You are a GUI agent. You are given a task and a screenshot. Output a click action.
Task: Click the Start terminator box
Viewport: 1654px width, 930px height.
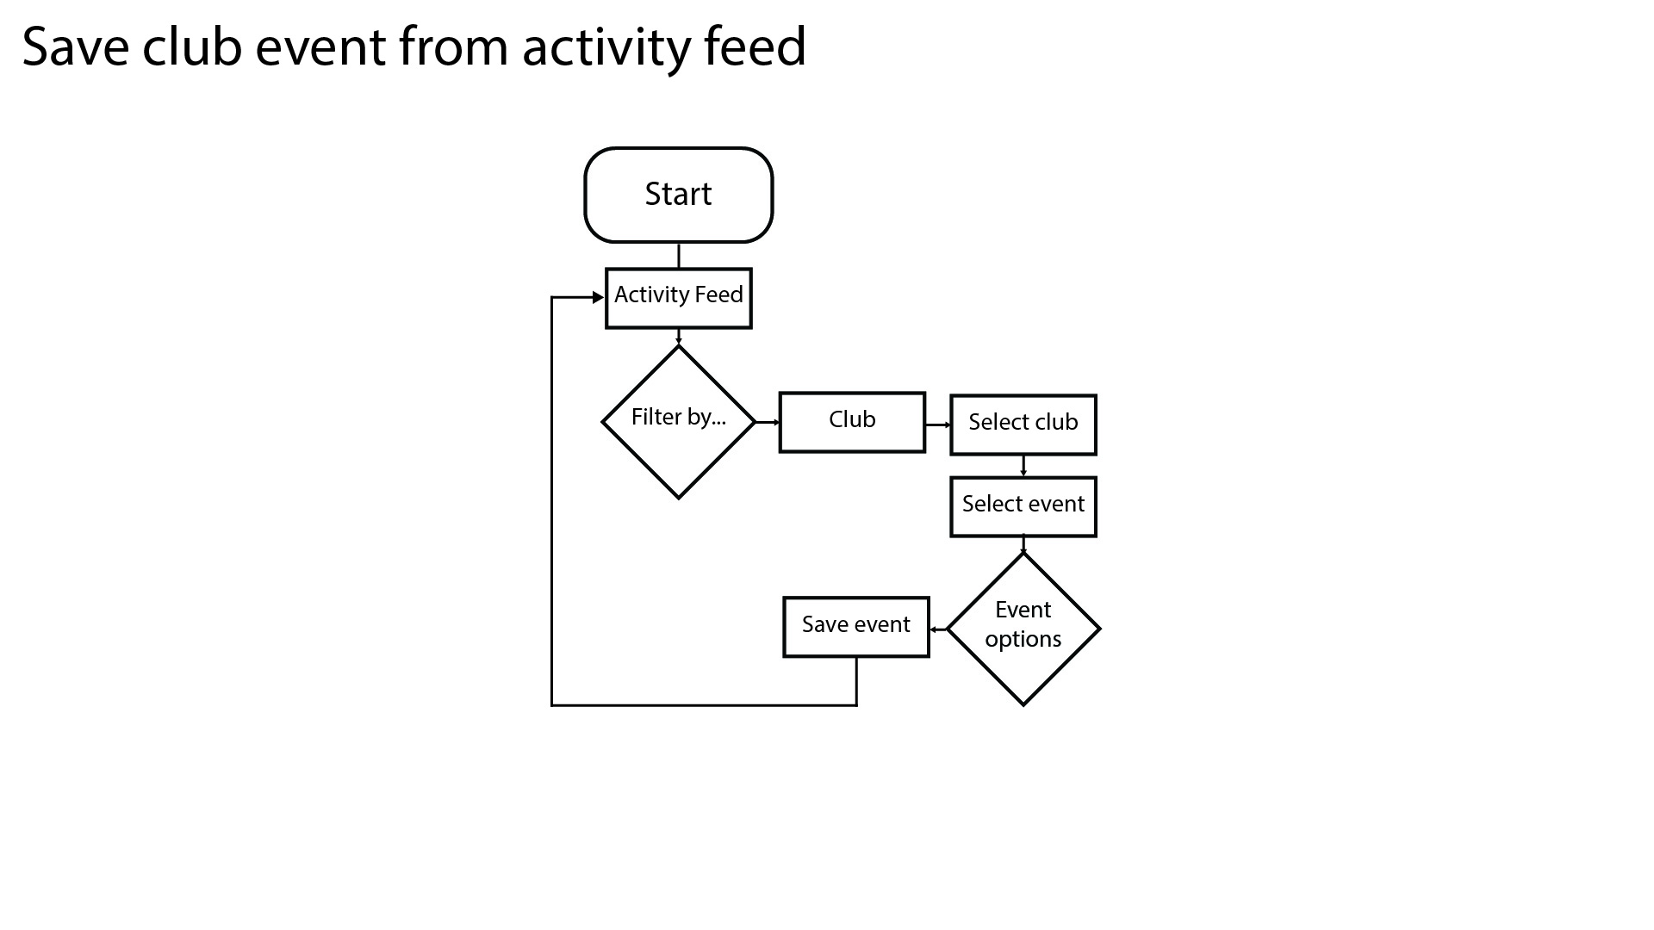coord(679,195)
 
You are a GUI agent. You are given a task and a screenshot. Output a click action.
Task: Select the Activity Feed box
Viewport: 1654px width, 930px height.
coord(679,298)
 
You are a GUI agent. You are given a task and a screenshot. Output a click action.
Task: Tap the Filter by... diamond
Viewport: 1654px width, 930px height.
coord(679,422)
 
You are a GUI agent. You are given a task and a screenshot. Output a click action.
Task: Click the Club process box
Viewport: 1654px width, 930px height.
coord(852,422)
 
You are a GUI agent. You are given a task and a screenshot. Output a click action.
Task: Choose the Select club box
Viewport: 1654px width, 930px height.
coord(1023,425)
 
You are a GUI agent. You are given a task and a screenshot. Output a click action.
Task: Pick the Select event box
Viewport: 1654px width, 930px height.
coord(1023,506)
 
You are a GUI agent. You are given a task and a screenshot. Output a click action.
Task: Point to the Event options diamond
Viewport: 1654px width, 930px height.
coord(1023,629)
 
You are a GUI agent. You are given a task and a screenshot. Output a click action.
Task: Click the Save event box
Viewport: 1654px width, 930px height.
coord(856,627)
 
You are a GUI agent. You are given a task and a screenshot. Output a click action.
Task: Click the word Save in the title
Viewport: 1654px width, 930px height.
coord(76,46)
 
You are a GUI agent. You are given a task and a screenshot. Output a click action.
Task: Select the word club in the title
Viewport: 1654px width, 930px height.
coord(192,46)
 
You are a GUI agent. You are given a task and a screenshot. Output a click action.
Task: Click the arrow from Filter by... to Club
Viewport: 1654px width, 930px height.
coord(768,422)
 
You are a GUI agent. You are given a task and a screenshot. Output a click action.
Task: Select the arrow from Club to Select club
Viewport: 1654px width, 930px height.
coord(938,425)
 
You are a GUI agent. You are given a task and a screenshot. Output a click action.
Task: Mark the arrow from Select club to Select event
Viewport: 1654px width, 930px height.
coord(1023,466)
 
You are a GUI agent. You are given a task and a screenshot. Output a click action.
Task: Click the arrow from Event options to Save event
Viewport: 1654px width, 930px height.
coord(938,629)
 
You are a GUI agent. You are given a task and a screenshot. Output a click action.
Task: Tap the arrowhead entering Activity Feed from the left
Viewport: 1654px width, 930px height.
coord(599,297)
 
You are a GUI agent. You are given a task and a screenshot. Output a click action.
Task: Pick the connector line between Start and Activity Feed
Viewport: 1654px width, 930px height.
coord(679,256)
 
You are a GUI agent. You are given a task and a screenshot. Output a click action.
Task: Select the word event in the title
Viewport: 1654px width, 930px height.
coord(320,49)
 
